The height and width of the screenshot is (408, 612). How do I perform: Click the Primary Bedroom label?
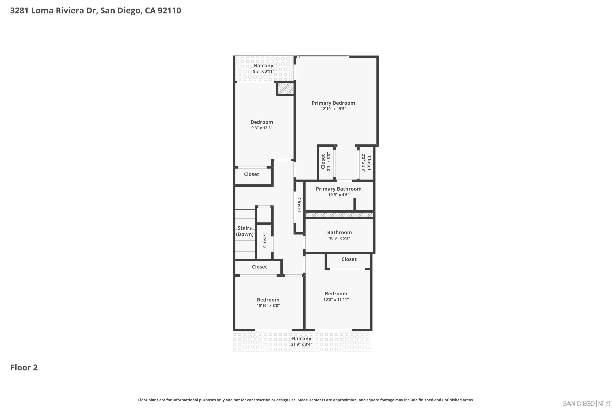tap(333, 103)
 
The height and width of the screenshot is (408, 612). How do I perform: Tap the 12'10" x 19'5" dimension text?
tap(333, 109)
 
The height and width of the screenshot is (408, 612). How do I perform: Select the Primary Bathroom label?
tap(338, 189)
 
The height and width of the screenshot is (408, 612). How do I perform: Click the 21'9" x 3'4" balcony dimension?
tap(301, 344)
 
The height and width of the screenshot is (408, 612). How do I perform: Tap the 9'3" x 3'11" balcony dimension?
tap(263, 71)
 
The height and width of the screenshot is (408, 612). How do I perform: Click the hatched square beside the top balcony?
tap(285, 89)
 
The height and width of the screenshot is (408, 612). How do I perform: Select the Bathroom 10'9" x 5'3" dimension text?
tap(339, 238)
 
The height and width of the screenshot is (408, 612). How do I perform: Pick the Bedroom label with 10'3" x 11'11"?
tap(336, 294)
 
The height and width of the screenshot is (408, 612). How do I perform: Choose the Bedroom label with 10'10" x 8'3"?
tap(268, 300)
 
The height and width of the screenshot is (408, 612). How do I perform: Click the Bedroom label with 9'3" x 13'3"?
tap(262, 122)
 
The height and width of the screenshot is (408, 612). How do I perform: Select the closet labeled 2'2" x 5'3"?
tap(366, 163)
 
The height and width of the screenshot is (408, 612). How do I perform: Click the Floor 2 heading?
tap(24, 368)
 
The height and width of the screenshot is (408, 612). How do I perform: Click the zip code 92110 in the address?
tap(169, 11)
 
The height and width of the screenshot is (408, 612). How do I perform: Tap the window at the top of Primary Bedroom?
tap(323, 57)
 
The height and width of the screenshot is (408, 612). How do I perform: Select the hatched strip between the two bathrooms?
tap(339, 215)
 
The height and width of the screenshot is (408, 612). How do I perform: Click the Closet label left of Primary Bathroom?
tap(299, 205)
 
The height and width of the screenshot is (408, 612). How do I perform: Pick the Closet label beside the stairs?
tap(265, 240)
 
